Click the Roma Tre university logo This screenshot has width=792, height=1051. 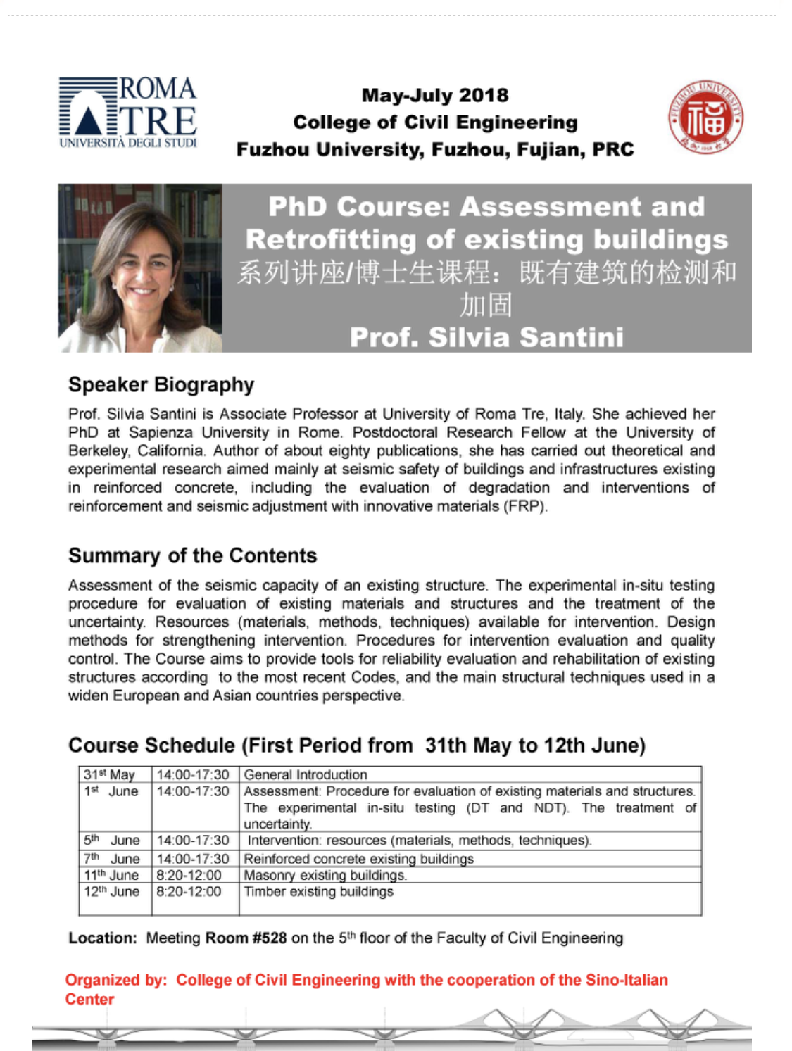pos(128,113)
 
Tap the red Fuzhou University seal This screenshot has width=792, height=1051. pos(705,118)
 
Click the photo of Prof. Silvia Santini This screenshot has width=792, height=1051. pos(140,268)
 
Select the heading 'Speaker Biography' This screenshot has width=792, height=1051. pos(161,385)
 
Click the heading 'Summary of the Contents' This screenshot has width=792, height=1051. pos(192,555)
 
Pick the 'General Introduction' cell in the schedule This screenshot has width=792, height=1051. pos(306,774)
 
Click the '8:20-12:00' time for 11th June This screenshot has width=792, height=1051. pos(189,875)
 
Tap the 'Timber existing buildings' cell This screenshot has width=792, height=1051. pos(318,892)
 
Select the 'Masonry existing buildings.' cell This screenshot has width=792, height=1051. pos(325,875)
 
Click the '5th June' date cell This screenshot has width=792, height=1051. pos(112,841)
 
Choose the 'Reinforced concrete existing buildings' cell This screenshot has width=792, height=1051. pos(358,859)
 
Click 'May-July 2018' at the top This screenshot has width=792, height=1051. pos(435,95)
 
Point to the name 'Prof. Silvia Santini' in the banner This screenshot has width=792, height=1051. pos(486,337)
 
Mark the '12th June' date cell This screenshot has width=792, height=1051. pos(112,892)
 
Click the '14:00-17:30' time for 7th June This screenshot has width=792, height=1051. pos(193,859)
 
